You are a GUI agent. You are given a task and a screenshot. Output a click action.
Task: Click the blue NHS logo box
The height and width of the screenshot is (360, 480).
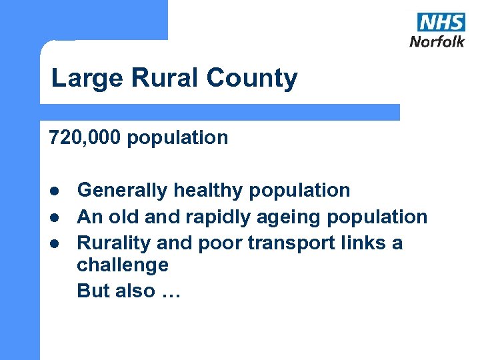[441, 21]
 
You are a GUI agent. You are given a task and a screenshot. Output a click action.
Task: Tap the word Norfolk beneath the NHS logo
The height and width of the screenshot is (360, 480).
[437, 41]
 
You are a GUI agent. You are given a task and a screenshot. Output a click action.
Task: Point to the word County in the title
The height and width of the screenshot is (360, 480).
[251, 79]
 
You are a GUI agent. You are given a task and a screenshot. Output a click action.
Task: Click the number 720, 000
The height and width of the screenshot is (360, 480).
[85, 138]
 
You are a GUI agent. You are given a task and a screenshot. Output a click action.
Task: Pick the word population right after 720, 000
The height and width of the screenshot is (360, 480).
[177, 138]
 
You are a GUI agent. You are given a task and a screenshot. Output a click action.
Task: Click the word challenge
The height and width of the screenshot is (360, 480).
[123, 265]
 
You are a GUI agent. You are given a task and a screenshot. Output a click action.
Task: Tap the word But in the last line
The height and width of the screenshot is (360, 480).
[92, 291]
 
